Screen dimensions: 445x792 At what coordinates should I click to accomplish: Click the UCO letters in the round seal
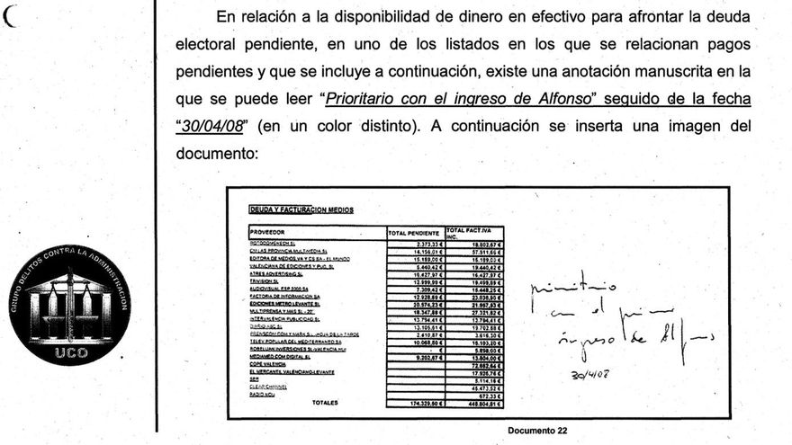tap(70, 354)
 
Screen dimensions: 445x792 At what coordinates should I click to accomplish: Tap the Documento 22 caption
tap(537, 431)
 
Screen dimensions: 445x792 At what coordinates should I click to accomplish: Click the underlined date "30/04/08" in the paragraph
tap(210, 126)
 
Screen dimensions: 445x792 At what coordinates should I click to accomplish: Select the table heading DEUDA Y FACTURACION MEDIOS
tap(301, 209)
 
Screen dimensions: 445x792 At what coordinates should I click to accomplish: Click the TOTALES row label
tap(325, 403)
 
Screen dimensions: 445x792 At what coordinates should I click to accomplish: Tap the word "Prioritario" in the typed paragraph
tap(365, 98)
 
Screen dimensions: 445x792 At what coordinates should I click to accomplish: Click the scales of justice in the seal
tap(70, 306)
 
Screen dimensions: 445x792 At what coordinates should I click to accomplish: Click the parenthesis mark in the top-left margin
tap(12, 16)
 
